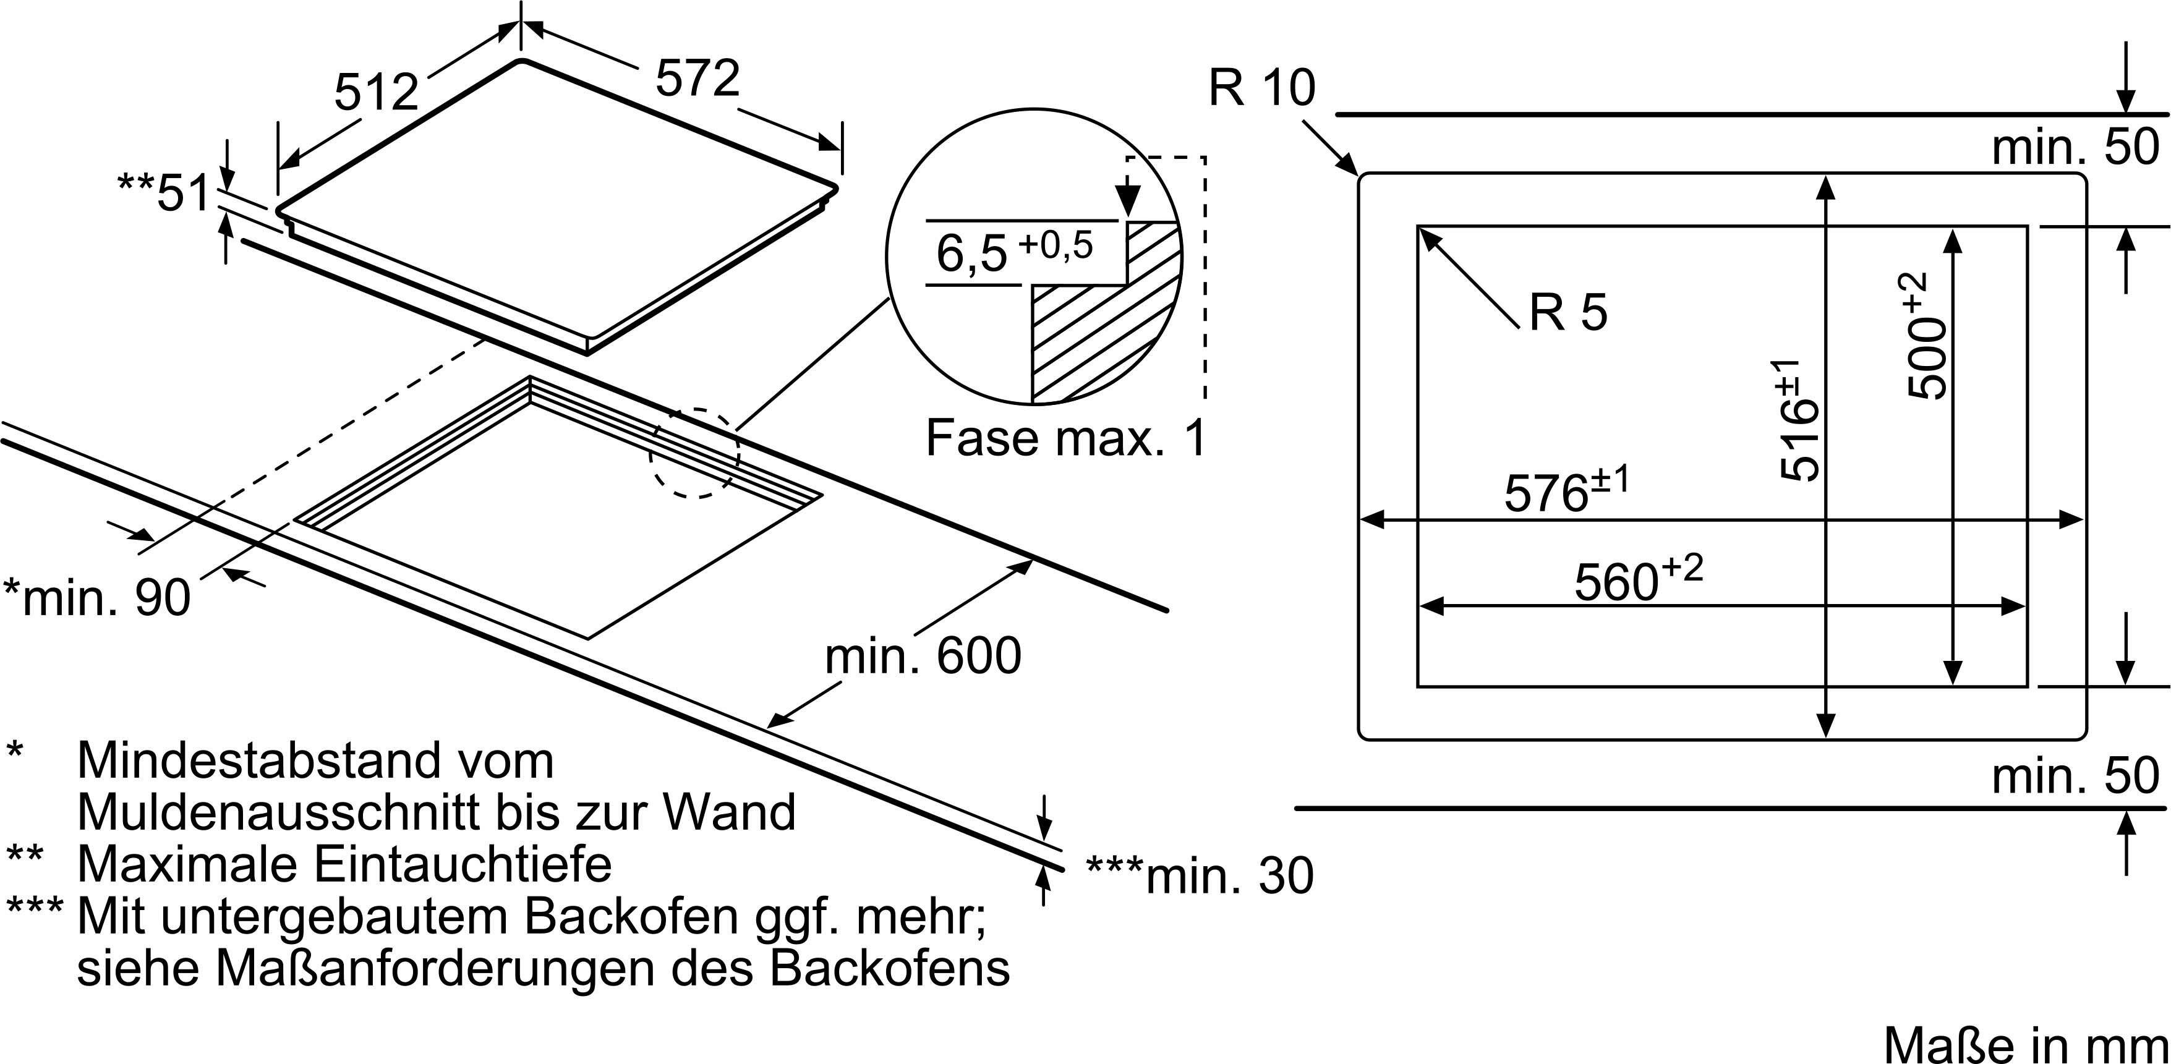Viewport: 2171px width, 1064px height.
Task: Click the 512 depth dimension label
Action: (376, 92)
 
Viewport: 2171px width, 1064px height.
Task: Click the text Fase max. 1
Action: (1066, 438)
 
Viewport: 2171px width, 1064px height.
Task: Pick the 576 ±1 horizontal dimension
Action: (1567, 492)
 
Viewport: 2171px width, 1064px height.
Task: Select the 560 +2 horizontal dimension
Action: (1637, 579)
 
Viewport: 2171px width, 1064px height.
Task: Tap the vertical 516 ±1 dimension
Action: (1799, 421)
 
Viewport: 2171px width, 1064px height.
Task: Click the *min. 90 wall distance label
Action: (98, 598)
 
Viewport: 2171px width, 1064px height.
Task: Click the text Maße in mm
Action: (2025, 1045)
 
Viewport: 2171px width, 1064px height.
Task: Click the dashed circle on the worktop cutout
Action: (694, 453)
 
